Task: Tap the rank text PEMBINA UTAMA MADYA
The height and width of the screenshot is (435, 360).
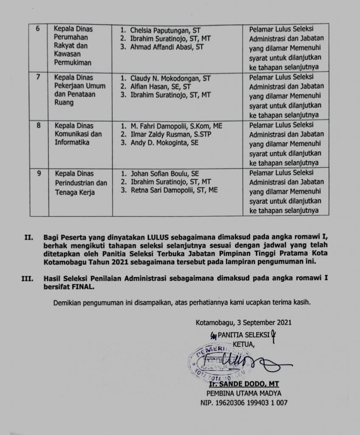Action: [244, 393]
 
